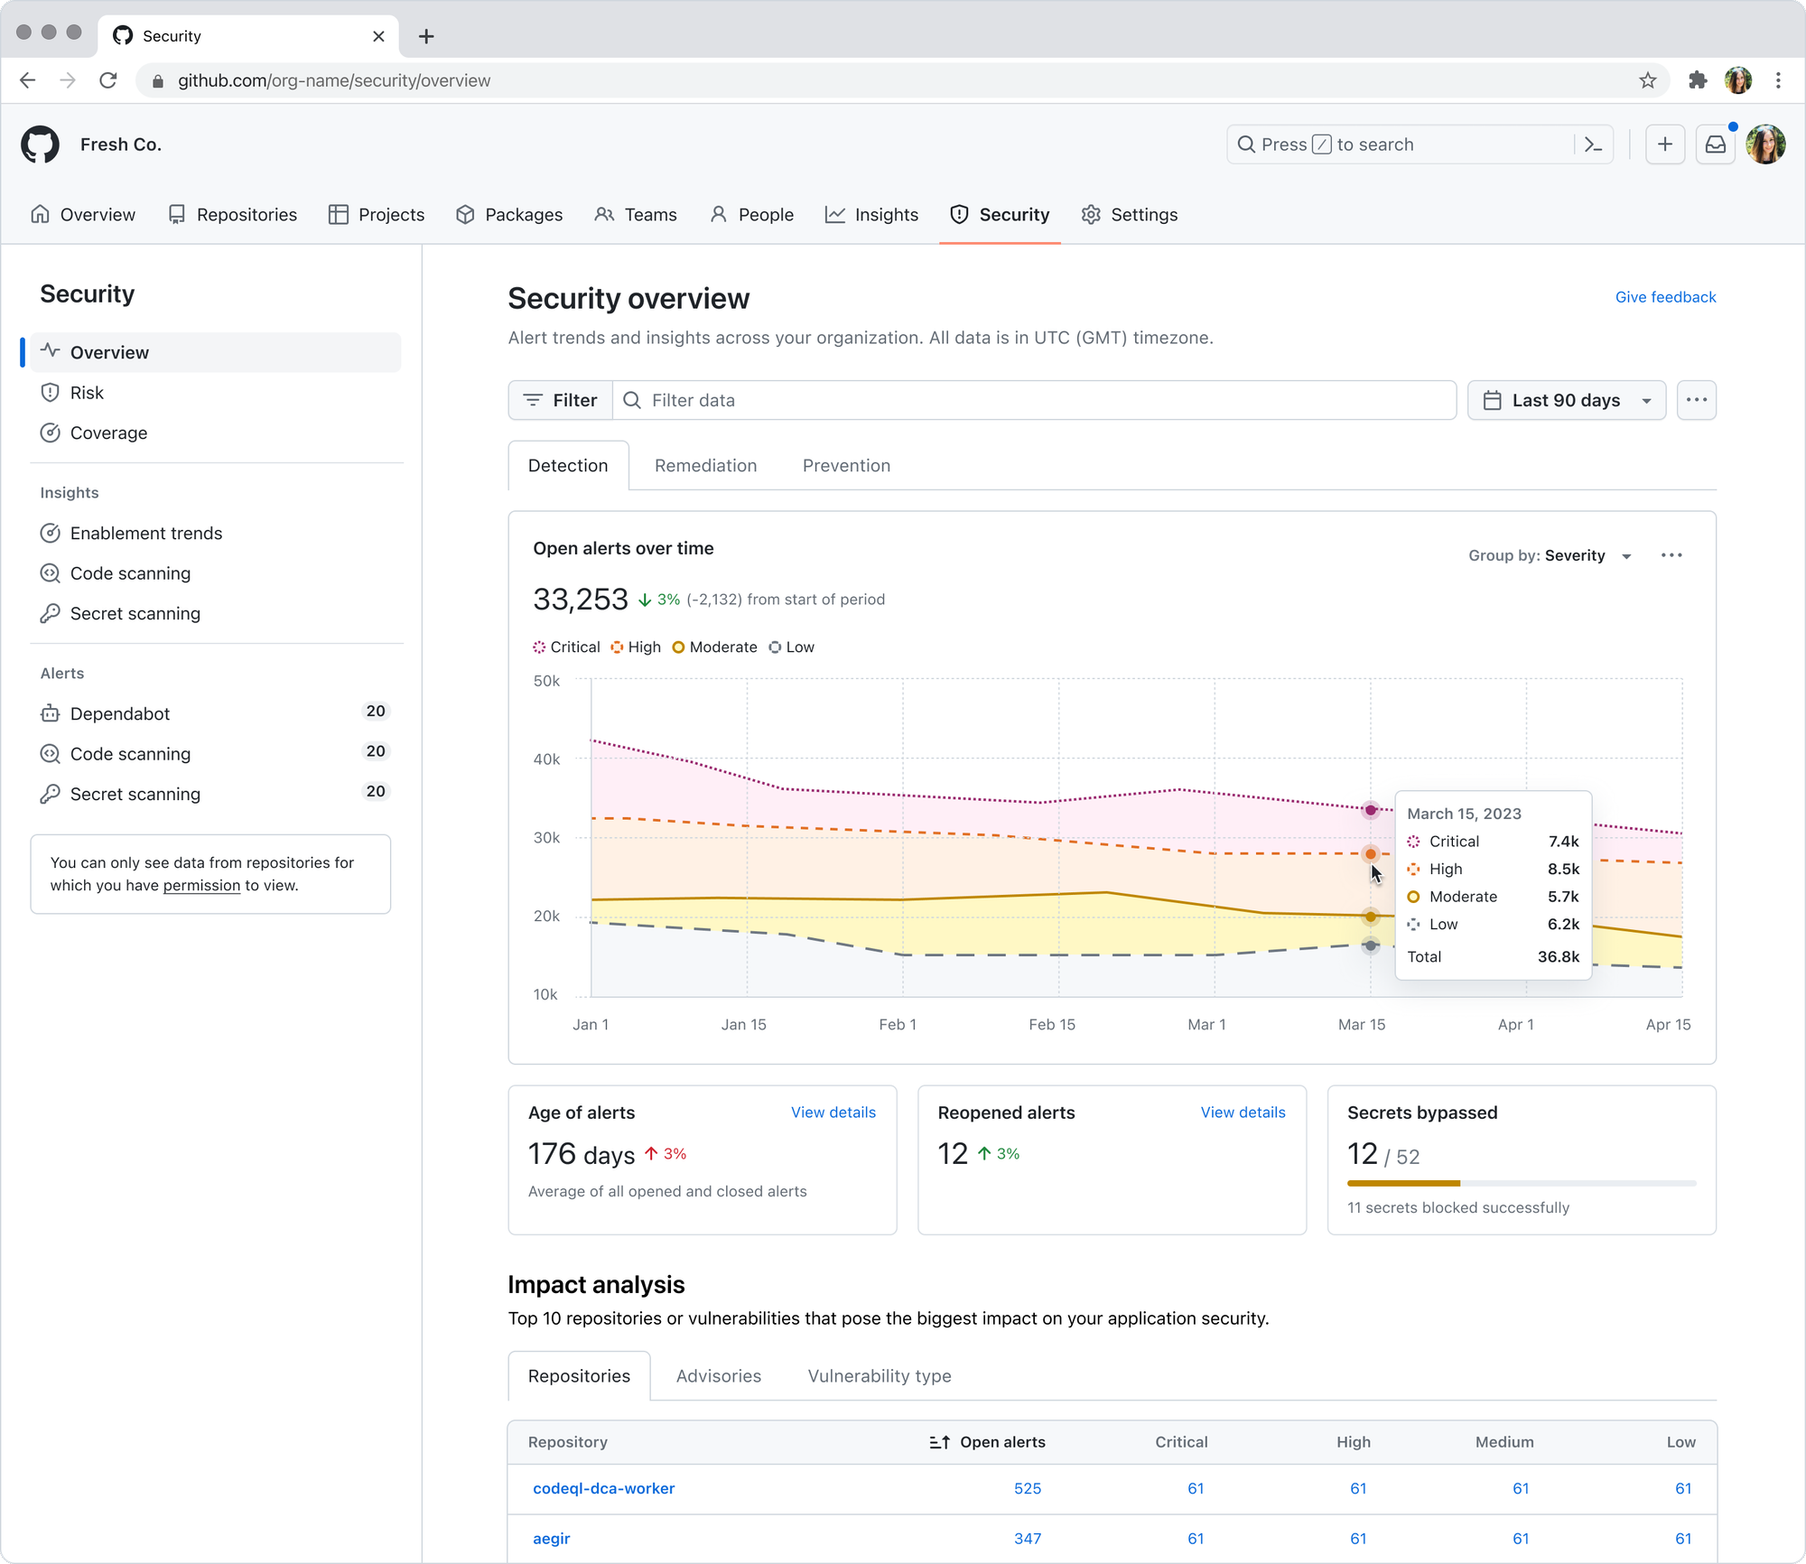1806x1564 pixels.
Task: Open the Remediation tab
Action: tap(705, 465)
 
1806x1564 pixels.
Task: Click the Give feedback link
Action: tap(1665, 297)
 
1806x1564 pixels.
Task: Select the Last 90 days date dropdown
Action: tap(1566, 400)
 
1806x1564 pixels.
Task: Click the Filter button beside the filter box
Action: tap(561, 400)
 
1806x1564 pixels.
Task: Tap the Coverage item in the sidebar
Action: tap(108, 433)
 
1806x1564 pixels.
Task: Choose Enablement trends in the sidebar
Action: tap(145, 533)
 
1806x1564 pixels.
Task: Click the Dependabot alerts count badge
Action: tap(376, 711)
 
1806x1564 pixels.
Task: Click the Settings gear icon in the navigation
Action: tap(1091, 215)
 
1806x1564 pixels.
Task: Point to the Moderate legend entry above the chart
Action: tap(714, 647)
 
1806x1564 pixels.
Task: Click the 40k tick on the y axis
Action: tap(546, 759)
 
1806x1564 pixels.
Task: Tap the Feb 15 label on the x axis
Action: tap(1052, 1024)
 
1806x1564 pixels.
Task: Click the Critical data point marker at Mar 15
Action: tap(1371, 810)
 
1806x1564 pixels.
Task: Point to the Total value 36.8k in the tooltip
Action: tap(1559, 956)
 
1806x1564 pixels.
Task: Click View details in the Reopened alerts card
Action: tap(1243, 1112)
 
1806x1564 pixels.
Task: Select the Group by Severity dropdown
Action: tap(1550, 555)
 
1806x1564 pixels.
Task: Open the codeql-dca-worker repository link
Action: tap(604, 1488)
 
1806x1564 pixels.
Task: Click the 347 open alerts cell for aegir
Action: tap(1028, 1539)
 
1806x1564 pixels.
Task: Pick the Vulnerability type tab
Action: tap(880, 1375)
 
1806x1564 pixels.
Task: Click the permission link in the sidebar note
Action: tap(201, 885)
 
